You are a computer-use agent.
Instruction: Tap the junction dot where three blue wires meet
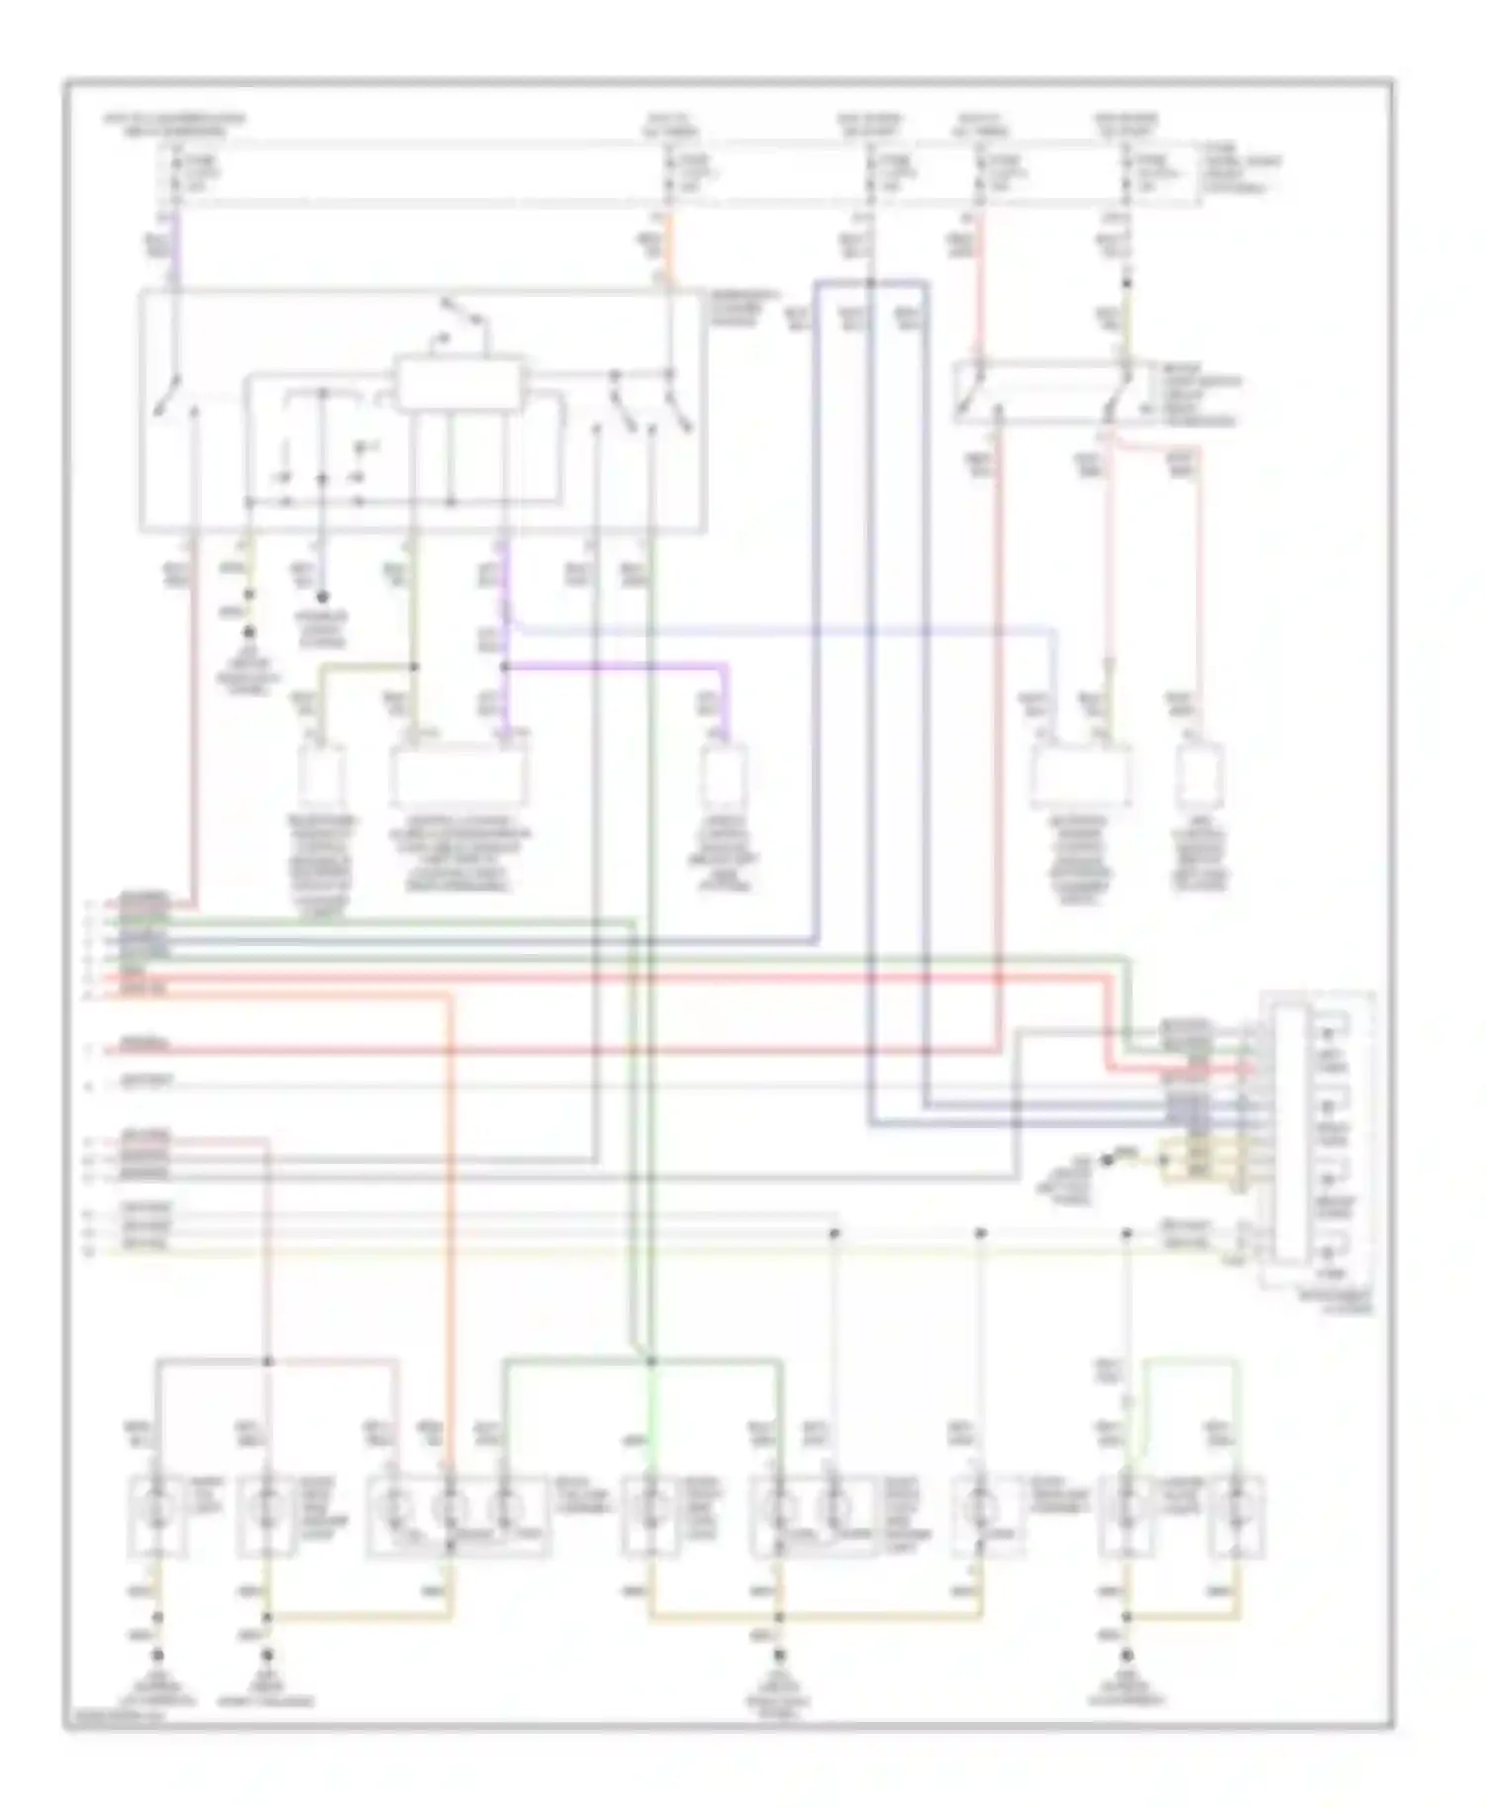coord(870,283)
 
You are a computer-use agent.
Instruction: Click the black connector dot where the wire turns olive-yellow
coord(1126,283)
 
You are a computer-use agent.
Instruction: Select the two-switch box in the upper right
coord(1042,394)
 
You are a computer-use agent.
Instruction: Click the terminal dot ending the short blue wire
coord(322,598)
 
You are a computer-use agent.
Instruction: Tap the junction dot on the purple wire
coord(504,667)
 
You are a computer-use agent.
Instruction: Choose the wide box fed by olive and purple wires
coord(459,778)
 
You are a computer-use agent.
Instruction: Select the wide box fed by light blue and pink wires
coord(1080,778)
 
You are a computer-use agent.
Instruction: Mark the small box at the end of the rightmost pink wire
coord(1199,777)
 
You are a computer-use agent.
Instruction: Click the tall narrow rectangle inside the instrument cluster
coord(1289,1133)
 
